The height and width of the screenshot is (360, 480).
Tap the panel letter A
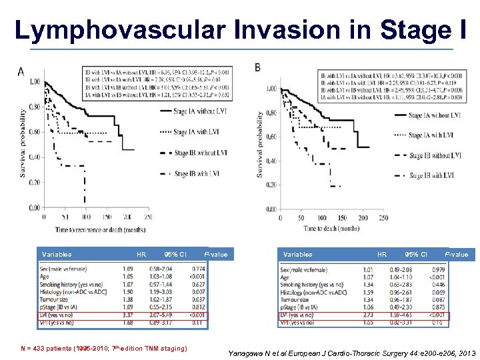21,71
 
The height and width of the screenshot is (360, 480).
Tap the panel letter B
258,67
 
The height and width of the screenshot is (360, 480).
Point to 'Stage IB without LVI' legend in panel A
199,153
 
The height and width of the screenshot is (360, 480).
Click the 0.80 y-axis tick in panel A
33,107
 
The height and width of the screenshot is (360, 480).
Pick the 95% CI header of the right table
415,254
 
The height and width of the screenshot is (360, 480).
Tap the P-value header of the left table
216,254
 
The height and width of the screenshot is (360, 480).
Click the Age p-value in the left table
197,277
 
